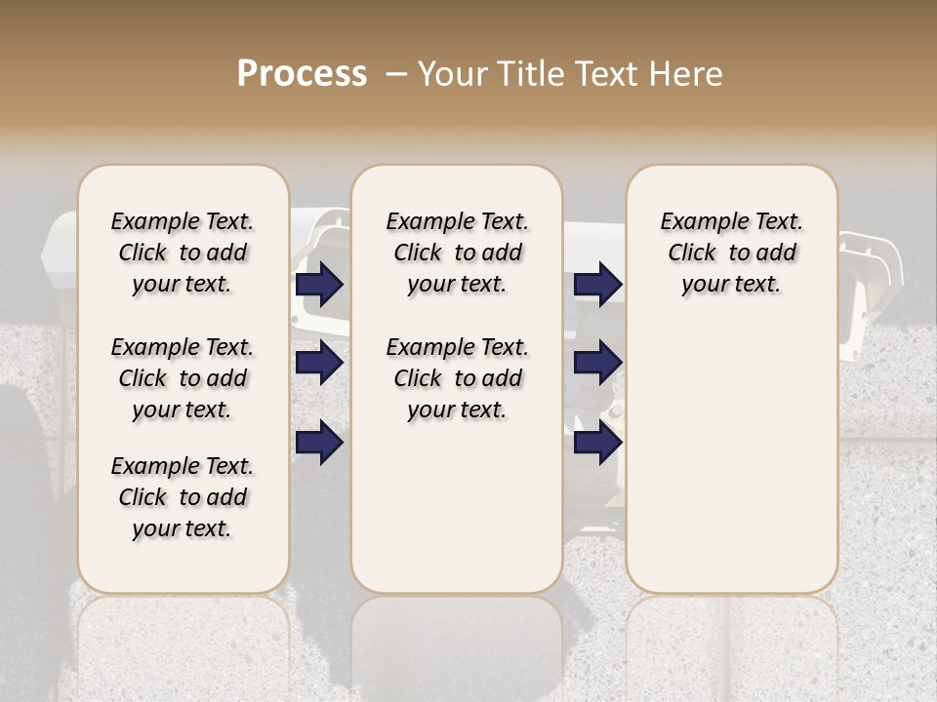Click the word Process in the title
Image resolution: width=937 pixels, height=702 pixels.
(302, 74)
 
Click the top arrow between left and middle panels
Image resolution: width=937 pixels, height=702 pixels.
(319, 285)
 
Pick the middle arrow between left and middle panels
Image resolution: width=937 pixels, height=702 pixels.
(319, 364)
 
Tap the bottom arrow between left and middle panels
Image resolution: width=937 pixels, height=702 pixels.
(319, 443)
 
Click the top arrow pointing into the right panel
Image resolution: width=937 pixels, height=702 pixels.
(597, 285)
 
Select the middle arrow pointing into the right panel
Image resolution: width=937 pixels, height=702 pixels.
(597, 364)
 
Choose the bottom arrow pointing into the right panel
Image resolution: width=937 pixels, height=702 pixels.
(597, 443)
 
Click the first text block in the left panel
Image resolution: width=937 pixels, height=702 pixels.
(183, 253)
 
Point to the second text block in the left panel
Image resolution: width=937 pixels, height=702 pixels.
(183, 378)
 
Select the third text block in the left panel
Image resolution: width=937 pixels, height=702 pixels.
(183, 497)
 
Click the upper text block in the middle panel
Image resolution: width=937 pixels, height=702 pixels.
(457, 253)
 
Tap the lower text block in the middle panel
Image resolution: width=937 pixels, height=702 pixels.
(457, 378)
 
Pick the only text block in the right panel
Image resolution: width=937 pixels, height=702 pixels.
(731, 253)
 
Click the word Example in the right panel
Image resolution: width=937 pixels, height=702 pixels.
(697, 222)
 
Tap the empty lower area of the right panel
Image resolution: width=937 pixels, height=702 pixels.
(731, 468)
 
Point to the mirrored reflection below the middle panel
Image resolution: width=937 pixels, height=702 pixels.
(457, 643)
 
